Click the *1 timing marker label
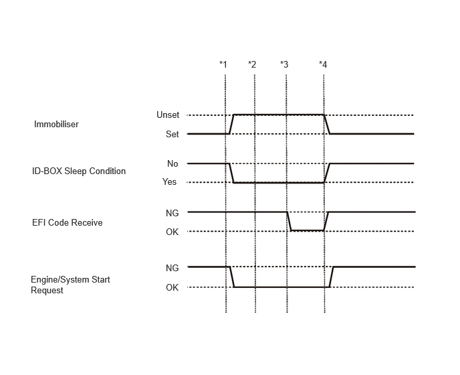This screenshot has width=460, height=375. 223,64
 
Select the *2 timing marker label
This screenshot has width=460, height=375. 252,64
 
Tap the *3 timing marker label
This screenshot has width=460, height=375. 284,64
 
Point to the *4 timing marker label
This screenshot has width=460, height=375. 323,64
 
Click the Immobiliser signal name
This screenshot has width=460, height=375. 56,124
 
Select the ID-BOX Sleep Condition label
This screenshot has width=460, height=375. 79,171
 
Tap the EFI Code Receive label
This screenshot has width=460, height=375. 68,222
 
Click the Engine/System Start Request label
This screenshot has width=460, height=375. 70,285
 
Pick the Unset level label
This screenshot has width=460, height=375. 168,115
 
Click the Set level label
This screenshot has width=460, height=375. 172,134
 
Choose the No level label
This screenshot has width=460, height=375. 172,163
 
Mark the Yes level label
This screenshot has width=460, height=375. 170,181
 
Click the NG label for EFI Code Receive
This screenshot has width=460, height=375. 172,213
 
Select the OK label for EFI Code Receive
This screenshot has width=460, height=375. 172,232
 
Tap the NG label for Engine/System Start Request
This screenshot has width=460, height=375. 172,268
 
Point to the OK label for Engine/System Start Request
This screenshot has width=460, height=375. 172,287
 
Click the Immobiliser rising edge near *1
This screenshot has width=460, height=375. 231,124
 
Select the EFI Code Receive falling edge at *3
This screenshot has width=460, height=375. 289,221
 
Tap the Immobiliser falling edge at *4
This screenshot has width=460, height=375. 327,124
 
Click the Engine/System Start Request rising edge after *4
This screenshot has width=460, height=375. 332,277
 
